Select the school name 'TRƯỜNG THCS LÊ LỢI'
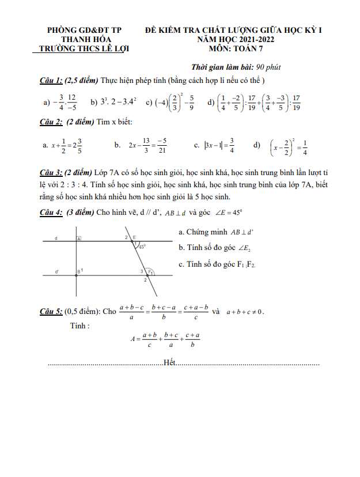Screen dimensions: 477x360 click(80, 49)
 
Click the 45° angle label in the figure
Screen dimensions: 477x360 click(141, 246)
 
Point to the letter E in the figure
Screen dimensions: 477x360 click(134, 237)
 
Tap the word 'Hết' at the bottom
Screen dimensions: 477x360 click(169, 362)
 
